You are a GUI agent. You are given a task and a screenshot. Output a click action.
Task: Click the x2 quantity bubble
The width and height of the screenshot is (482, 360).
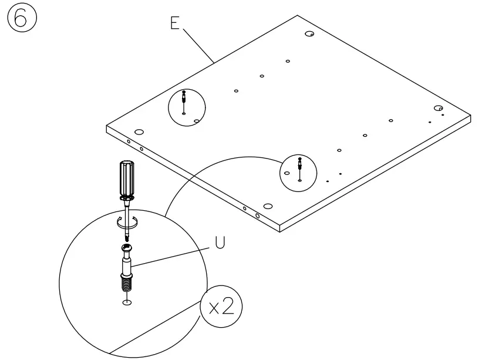tap(221, 306)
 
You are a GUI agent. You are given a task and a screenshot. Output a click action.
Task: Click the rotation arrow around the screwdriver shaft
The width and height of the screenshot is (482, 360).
tap(127, 222)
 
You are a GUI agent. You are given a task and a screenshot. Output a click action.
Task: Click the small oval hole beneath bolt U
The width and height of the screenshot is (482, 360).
tap(127, 302)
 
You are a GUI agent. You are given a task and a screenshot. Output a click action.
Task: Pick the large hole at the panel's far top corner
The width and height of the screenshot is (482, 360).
tap(309, 34)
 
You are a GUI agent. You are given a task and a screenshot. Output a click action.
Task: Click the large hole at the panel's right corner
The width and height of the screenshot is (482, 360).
tap(437, 108)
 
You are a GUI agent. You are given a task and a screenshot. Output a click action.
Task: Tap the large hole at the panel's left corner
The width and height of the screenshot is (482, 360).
tap(139, 132)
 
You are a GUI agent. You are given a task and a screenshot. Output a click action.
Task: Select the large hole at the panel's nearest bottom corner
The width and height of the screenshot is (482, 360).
tap(268, 206)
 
